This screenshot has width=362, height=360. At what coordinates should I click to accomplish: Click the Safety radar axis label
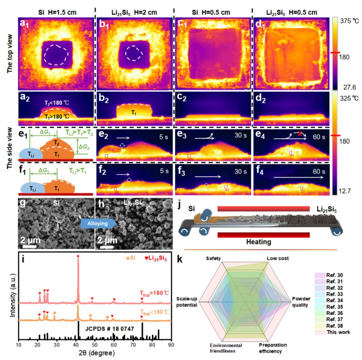point(215,259)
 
